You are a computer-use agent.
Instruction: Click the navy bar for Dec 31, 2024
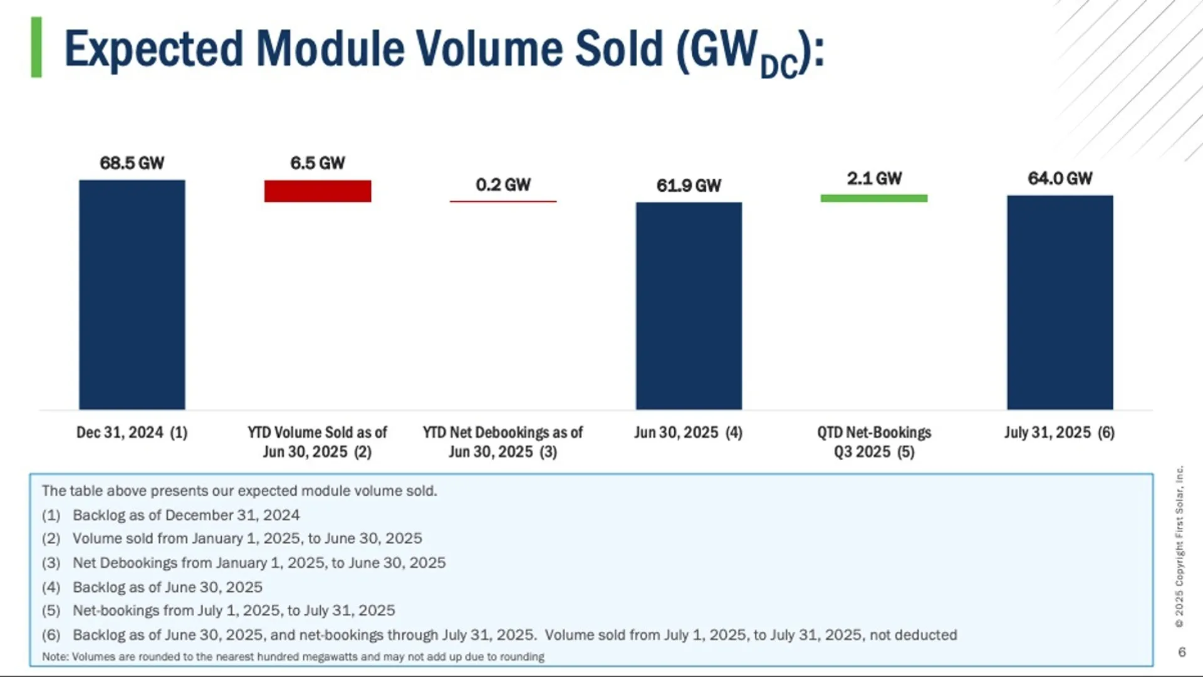132,295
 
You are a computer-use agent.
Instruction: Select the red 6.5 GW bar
318,191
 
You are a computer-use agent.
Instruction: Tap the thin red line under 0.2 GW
503,201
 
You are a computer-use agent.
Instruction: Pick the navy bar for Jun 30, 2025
689,306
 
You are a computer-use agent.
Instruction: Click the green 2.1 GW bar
874,198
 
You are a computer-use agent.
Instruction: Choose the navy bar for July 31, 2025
1060,302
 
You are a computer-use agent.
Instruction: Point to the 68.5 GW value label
132,163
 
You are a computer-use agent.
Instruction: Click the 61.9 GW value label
689,186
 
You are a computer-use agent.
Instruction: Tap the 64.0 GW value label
1060,179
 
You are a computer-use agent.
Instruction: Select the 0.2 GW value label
503,185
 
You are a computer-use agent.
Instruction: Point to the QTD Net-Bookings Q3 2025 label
874,442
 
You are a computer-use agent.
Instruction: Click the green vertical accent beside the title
36,48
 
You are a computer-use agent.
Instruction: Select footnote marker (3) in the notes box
51,563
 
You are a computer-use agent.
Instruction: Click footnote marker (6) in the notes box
51,635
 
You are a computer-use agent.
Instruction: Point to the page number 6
1182,652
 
